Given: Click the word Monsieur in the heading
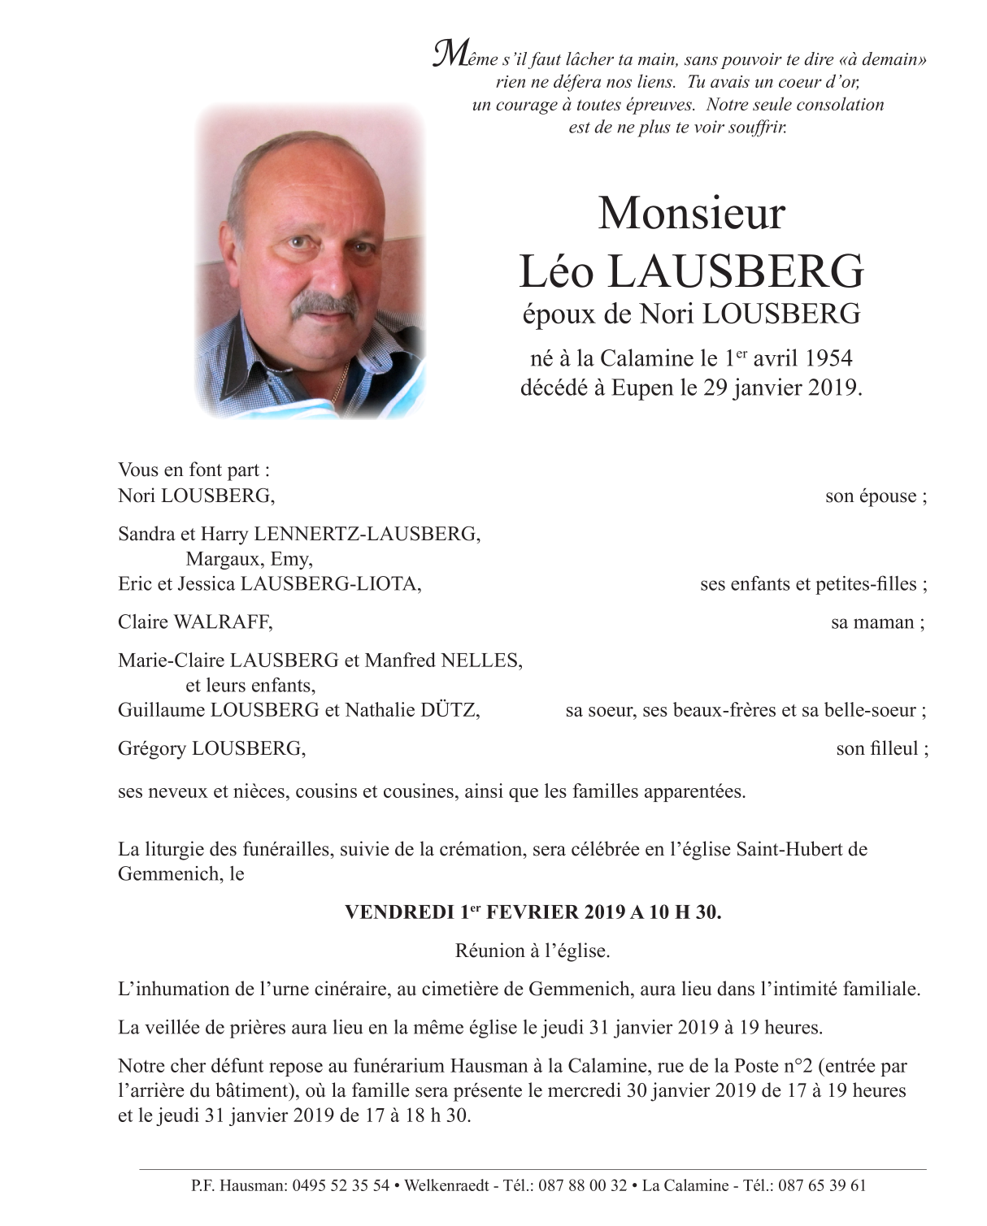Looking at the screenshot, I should [692, 214].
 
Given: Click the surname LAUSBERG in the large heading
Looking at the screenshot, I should [736, 271].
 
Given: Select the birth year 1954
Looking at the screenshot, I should [829, 358].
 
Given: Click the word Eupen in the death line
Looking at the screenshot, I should [643, 388].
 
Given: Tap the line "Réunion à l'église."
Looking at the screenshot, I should [533, 951].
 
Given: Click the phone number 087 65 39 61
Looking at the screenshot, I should [822, 1185].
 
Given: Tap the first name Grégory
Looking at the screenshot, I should [152, 748].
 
